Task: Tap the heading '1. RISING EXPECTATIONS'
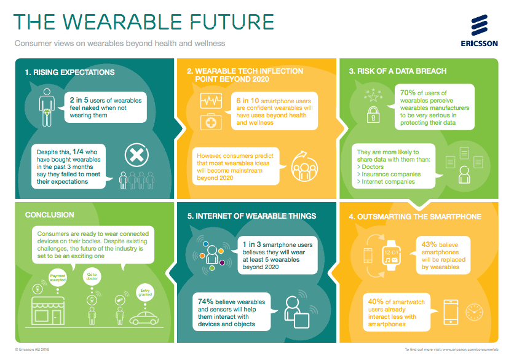pyautogui.click(x=69, y=72)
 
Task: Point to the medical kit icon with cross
pyautogui.click(x=210, y=122)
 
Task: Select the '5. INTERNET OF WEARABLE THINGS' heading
pyautogui.click(x=251, y=216)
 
